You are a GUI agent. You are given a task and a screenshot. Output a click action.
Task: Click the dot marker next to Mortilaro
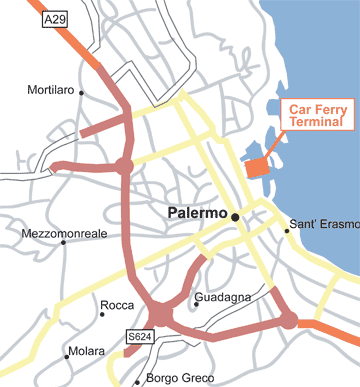tap(81, 92)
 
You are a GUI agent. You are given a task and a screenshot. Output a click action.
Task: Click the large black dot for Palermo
tap(235, 216)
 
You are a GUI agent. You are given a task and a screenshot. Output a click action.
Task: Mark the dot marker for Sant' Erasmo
tap(286, 230)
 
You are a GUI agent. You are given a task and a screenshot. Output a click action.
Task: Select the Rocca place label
tap(117, 306)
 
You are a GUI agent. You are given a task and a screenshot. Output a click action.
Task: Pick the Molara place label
tap(84, 352)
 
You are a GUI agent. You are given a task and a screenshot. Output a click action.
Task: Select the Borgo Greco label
tap(175, 379)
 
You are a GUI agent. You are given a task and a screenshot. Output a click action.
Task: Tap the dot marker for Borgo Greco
tap(137, 381)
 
